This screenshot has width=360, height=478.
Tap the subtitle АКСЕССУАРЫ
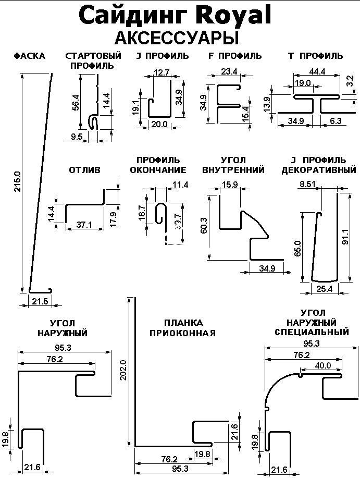(x=176, y=38)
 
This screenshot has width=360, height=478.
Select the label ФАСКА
(x=29, y=56)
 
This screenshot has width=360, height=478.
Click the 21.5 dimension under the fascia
(x=40, y=301)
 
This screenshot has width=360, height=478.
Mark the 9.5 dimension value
(x=77, y=137)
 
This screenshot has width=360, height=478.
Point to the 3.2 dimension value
(x=349, y=81)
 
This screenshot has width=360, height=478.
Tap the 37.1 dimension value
(x=83, y=225)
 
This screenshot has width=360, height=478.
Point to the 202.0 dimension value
(x=123, y=371)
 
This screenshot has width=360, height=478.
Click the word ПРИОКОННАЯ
(x=182, y=333)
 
